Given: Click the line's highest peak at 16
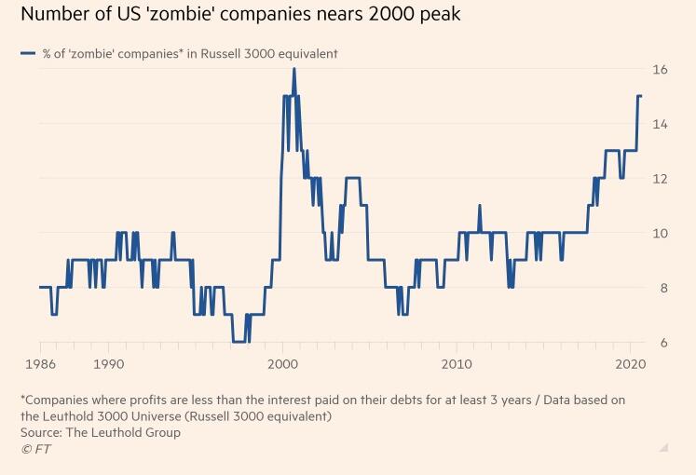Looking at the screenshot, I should (x=293, y=70).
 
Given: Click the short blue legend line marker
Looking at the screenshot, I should (x=29, y=54).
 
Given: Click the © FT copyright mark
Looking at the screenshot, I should (x=37, y=449).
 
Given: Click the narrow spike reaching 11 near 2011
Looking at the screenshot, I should (x=479, y=207).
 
